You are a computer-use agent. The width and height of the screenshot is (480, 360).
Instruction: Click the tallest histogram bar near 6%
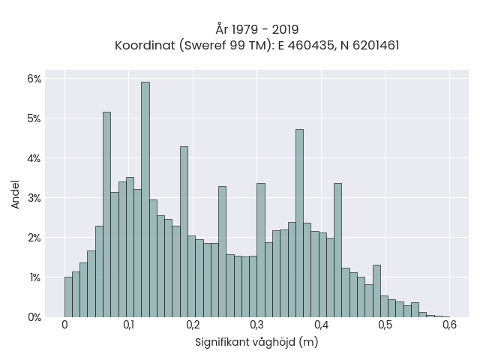(x=145, y=199)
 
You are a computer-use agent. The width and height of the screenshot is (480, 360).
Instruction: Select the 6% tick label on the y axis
(x=34, y=79)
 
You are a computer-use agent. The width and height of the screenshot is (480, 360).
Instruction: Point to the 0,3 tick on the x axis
(x=256, y=325)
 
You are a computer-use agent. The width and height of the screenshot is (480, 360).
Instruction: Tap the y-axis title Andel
(x=15, y=194)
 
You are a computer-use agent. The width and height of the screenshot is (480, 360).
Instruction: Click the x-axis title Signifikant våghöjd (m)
(x=256, y=342)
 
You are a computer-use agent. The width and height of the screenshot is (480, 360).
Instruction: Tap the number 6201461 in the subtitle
(x=376, y=46)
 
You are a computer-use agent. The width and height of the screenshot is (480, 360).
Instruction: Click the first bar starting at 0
(x=68, y=297)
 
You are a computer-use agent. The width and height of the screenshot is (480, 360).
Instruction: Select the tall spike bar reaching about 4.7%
(x=300, y=223)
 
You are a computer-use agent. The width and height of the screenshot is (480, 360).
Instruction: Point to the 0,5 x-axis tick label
(x=385, y=325)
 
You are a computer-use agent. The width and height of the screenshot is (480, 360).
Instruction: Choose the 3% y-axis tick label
(x=34, y=198)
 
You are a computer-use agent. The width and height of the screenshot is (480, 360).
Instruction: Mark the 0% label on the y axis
(x=34, y=317)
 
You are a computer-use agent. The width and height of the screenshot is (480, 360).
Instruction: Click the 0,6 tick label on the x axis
(x=450, y=325)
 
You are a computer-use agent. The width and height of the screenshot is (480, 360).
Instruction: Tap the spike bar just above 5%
(x=106, y=214)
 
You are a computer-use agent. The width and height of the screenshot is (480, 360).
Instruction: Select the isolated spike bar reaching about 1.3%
(x=376, y=291)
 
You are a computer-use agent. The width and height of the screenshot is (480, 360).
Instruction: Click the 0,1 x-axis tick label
(x=128, y=325)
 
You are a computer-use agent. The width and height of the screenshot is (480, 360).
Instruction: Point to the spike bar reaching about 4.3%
(x=184, y=232)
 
